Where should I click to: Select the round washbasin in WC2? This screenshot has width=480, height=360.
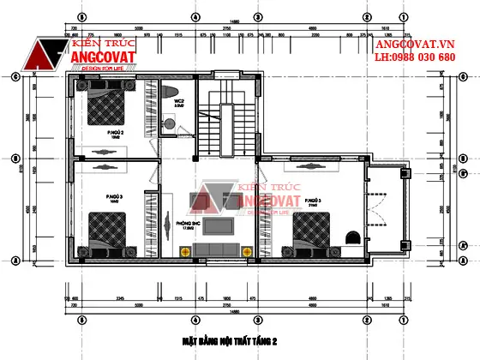[171, 125]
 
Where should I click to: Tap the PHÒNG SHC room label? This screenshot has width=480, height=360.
[187, 224]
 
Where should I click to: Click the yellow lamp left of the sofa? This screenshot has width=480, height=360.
[184, 250]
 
